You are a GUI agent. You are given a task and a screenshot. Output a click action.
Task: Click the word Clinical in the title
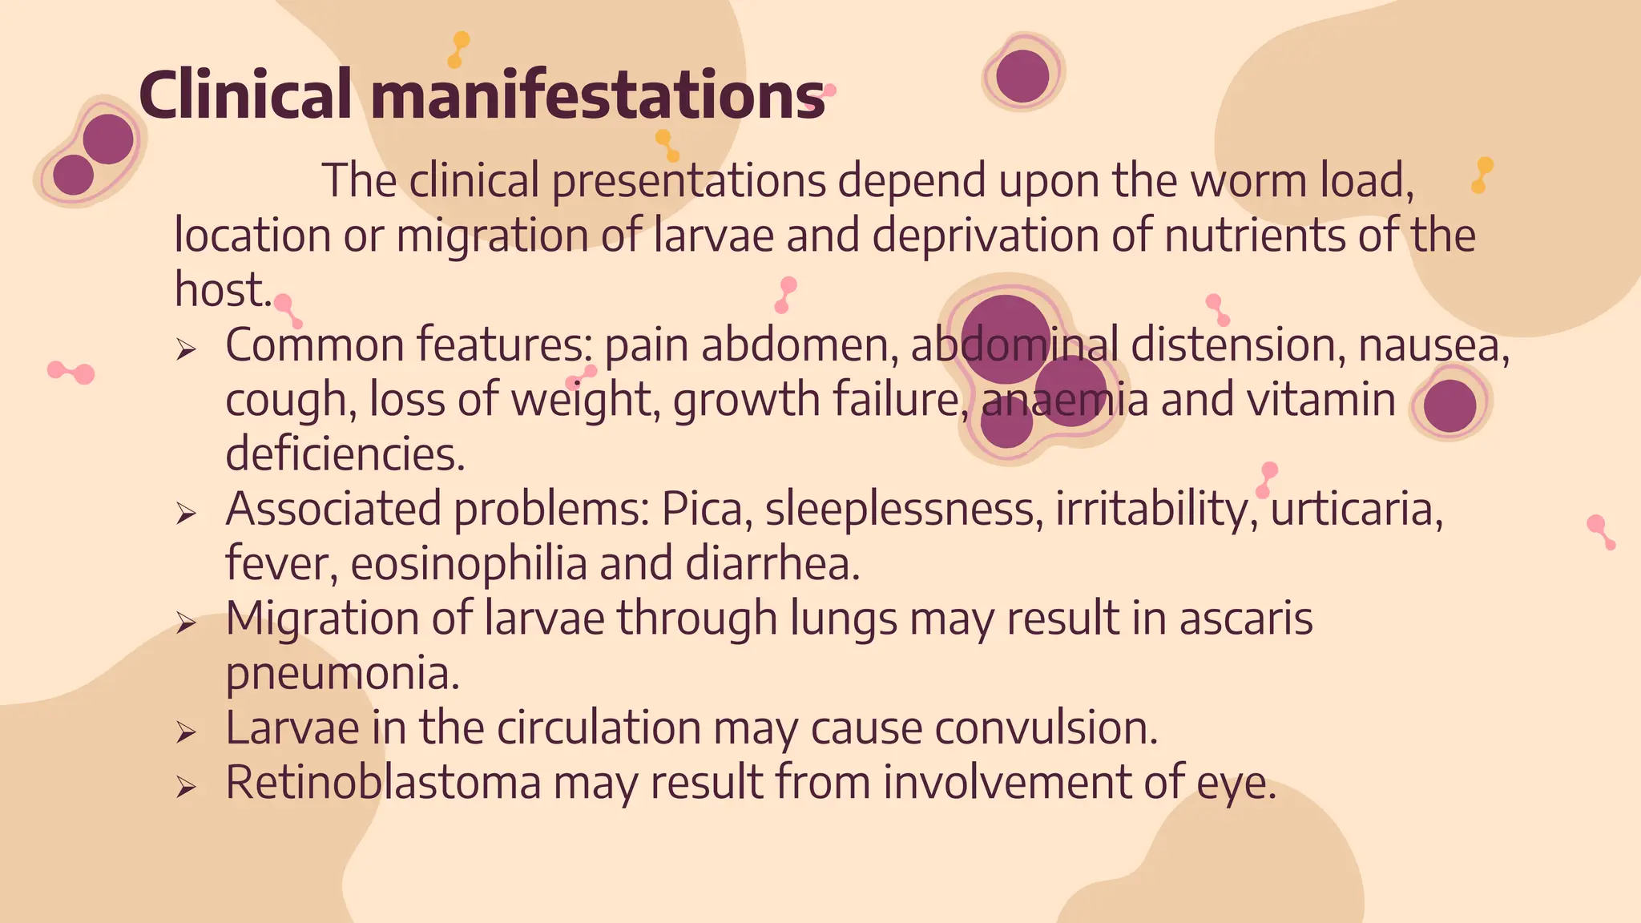click(244, 95)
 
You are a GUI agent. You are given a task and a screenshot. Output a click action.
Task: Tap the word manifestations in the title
click(598, 95)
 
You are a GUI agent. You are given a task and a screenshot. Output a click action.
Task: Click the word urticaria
click(1356, 510)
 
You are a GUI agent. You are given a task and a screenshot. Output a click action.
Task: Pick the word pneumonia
click(341, 673)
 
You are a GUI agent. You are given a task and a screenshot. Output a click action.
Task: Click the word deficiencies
click(345, 454)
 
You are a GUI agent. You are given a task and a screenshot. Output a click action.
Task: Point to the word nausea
click(1433, 345)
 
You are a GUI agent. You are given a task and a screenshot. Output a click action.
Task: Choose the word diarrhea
click(772, 563)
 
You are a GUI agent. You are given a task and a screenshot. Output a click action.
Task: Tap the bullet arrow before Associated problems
click(186, 513)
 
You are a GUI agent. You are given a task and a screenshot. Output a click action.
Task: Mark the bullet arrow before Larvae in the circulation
click(186, 732)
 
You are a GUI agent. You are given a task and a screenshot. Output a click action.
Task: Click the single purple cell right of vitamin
click(1449, 405)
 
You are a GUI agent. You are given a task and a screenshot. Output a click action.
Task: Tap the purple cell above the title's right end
click(1022, 76)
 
